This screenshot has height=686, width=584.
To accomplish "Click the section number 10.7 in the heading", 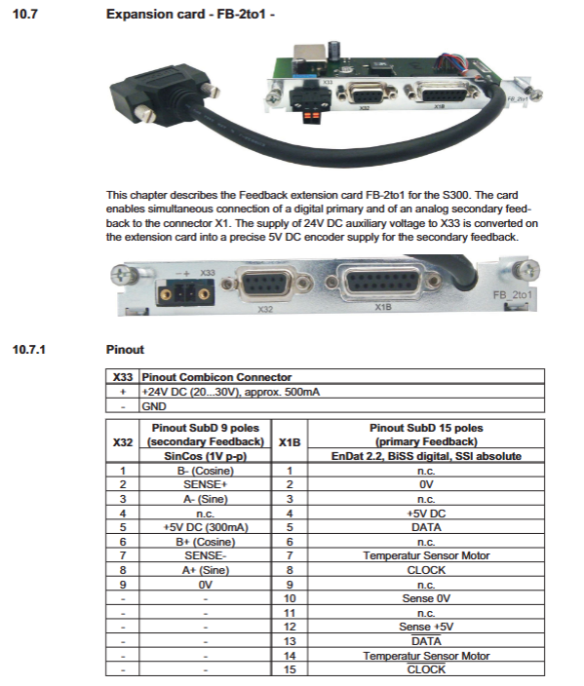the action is (25, 14).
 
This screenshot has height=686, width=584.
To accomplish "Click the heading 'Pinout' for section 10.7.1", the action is (125, 350).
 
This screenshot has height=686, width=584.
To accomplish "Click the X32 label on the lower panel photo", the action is (265, 309).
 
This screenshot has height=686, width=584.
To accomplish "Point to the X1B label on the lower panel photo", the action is (383, 307).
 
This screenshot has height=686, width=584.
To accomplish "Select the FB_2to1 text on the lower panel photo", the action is (513, 295).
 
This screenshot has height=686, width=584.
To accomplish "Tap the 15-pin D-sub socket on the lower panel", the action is (382, 281).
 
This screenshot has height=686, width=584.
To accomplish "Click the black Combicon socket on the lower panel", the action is (185, 293).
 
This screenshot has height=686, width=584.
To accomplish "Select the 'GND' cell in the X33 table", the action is (342, 406).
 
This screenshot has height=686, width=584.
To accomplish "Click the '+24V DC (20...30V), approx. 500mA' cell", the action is (342, 392).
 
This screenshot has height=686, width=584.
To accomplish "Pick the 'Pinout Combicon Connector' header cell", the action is (342, 377).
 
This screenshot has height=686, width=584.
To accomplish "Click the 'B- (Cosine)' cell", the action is (206, 471).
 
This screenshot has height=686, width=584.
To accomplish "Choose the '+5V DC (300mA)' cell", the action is (206, 527).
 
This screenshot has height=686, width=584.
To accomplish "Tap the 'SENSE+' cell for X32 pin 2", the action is (206, 484).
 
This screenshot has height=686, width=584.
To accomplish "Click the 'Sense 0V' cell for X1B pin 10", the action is (426, 598).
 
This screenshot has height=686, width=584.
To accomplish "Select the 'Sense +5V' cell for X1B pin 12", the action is (426, 627).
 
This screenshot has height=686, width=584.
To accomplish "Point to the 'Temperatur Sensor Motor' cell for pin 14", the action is (426, 656).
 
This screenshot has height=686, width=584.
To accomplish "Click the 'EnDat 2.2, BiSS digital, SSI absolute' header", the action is (426, 456).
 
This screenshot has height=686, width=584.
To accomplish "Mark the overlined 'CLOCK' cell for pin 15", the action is (426, 669).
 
